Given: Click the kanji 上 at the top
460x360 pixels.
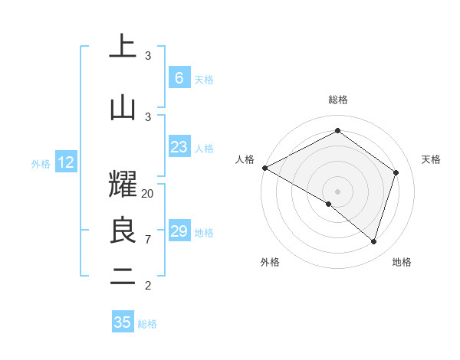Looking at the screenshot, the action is pos(123,46).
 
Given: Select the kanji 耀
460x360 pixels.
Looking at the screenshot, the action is pos(123,181).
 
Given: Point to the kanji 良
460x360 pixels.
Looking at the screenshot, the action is pos(123,231).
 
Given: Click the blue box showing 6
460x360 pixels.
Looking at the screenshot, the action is pos(179,78).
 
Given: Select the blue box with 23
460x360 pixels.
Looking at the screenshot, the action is pos(179,147).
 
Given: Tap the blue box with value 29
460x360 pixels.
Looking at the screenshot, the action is pos(179,231).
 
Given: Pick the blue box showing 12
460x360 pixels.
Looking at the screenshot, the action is pos(66,162).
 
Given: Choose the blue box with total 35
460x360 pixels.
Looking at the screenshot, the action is pos(123,322).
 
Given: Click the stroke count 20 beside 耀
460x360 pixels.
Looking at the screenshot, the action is pos(148,194).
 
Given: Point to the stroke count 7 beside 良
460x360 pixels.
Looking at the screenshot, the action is pos(148,240).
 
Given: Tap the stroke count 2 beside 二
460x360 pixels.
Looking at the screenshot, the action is pos(148,286).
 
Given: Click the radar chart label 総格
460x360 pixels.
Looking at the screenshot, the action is pos(338,100).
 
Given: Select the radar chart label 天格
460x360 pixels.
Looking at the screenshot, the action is pos(432,159).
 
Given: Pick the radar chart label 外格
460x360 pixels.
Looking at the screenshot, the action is pos(270,262).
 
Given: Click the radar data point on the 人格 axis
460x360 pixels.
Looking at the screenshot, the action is pos(264,168).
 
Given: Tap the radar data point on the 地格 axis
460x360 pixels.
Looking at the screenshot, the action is pos(373,241).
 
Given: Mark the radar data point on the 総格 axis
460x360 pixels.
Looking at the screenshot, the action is pos(337,130).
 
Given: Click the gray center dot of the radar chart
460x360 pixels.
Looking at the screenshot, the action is pos(337,191).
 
